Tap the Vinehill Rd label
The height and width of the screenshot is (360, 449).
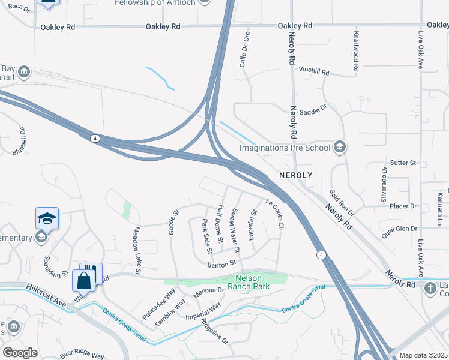tap(315, 72)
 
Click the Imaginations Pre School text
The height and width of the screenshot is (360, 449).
tap(285, 148)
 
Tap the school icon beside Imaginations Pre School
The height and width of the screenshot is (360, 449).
tap(340, 147)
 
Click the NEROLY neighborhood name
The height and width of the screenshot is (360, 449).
tap(295, 175)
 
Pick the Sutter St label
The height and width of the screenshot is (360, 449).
tap(403, 163)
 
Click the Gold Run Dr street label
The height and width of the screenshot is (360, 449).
tap(342, 204)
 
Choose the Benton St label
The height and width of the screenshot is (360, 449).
tap(222, 264)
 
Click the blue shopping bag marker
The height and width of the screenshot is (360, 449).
tap(83, 281)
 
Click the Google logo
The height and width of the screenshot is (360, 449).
tap(20, 352)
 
